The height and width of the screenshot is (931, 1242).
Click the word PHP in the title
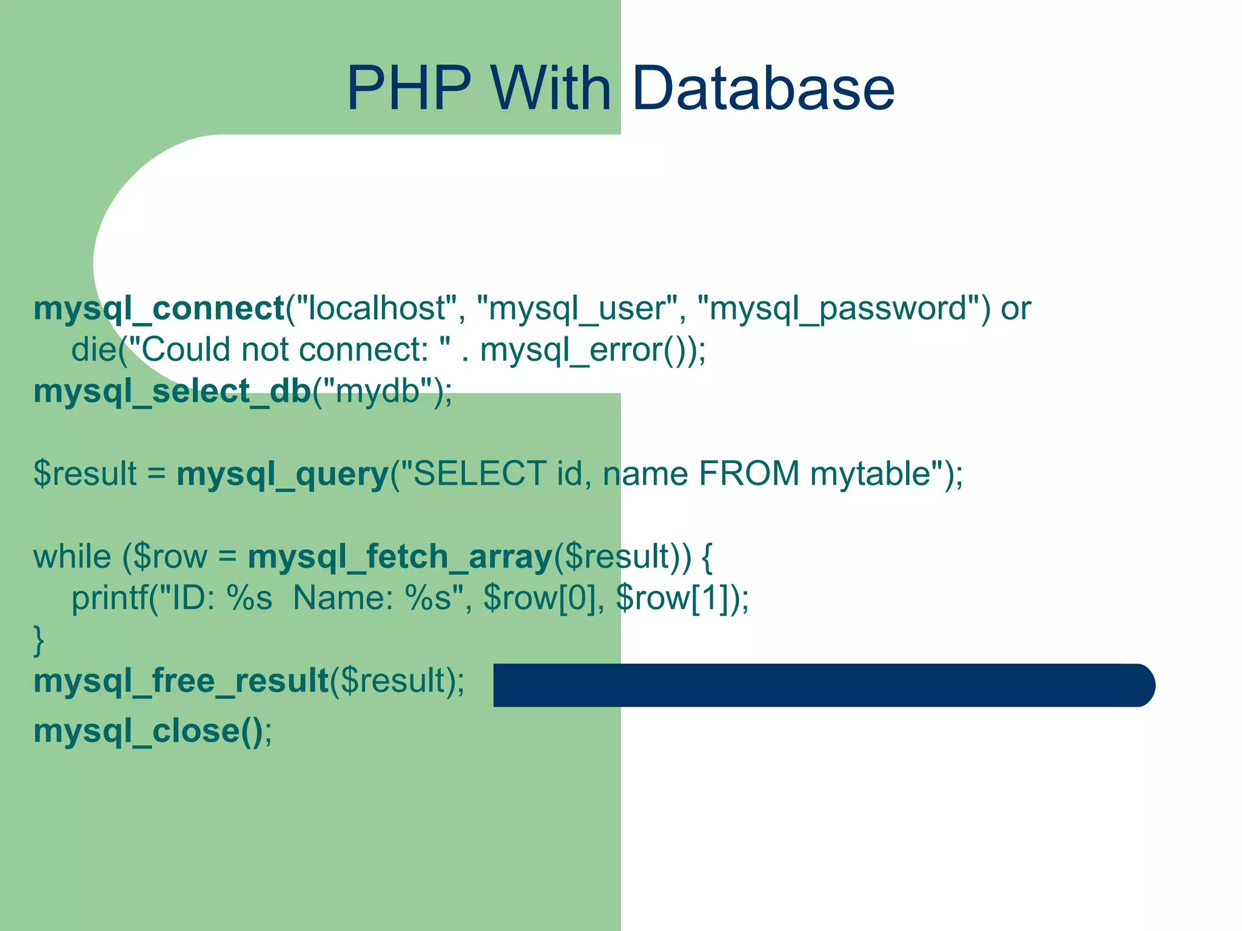coord(409,88)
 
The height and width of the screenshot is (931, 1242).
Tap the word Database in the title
coord(763,88)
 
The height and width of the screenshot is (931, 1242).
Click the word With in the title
coord(551,88)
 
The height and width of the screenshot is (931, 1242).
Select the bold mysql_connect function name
coord(159,309)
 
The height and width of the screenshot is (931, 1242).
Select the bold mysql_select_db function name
coord(172,392)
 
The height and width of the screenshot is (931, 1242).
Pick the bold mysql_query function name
coord(283,474)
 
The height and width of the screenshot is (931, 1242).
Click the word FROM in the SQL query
coord(749,473)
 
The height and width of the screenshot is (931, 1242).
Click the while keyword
coord(72,556)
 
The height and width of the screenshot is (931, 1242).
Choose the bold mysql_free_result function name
coord(181,681)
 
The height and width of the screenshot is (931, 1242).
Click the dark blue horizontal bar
coord(824,685)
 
